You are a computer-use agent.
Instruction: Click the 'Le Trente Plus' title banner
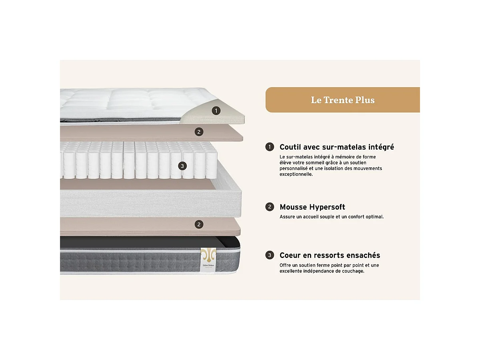click(342, 100)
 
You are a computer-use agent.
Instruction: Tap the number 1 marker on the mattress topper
click(216, 111)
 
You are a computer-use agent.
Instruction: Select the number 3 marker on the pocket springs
click(182, 166)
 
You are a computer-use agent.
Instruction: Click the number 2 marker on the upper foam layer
click(199, 132)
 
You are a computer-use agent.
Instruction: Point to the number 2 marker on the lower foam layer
click(199, 224)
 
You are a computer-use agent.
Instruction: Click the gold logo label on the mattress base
click(208, 260)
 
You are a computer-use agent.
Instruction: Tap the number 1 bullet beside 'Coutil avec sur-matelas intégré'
click(270, 147)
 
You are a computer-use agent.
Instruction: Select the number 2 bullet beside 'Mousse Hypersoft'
click(270, 207)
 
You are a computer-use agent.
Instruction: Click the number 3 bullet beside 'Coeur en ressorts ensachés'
click(270, 255)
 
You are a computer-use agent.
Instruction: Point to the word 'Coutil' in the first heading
click(289, 147)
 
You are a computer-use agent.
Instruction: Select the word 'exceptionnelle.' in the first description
click(296, 174)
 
